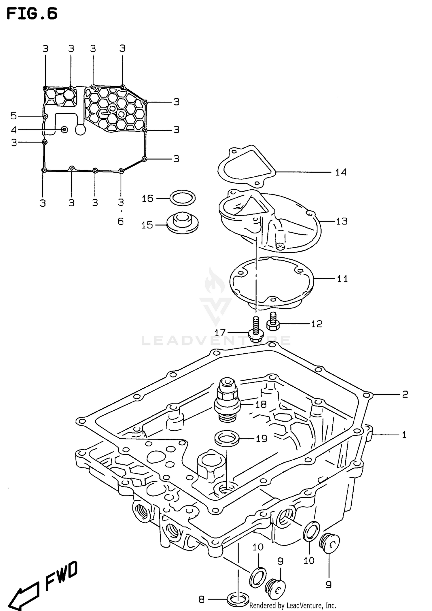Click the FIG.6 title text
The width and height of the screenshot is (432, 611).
32,14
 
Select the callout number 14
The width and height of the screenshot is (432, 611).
340,172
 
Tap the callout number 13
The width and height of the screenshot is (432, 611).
342,221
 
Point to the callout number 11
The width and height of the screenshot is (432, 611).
342,279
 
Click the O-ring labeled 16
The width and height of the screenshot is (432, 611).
182,198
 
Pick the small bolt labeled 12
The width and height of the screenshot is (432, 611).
272,322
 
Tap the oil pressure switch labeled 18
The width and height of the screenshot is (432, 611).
228,401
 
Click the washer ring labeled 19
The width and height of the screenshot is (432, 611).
227,438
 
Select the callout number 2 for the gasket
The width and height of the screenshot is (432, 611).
405,394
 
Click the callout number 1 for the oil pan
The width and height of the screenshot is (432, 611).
404,435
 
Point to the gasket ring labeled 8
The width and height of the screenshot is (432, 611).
238,599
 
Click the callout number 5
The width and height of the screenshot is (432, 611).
14,116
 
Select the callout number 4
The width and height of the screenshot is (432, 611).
14,130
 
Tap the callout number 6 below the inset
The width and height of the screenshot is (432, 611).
121,221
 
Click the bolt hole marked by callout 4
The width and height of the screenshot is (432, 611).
65,130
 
